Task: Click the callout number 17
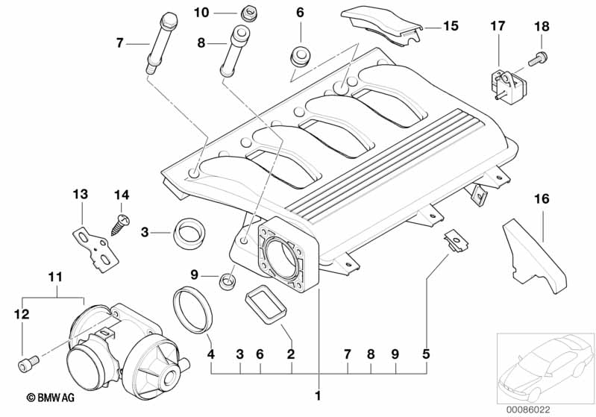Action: coord(498,26)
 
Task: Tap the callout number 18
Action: coord(542,26)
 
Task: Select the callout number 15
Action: coord(451,26)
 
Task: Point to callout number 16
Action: coord(542,198)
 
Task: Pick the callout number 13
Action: coord(80,195)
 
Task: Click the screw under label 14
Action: coord(119,222)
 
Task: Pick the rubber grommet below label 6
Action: coord(300,56)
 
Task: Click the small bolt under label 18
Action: coord(542,56)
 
